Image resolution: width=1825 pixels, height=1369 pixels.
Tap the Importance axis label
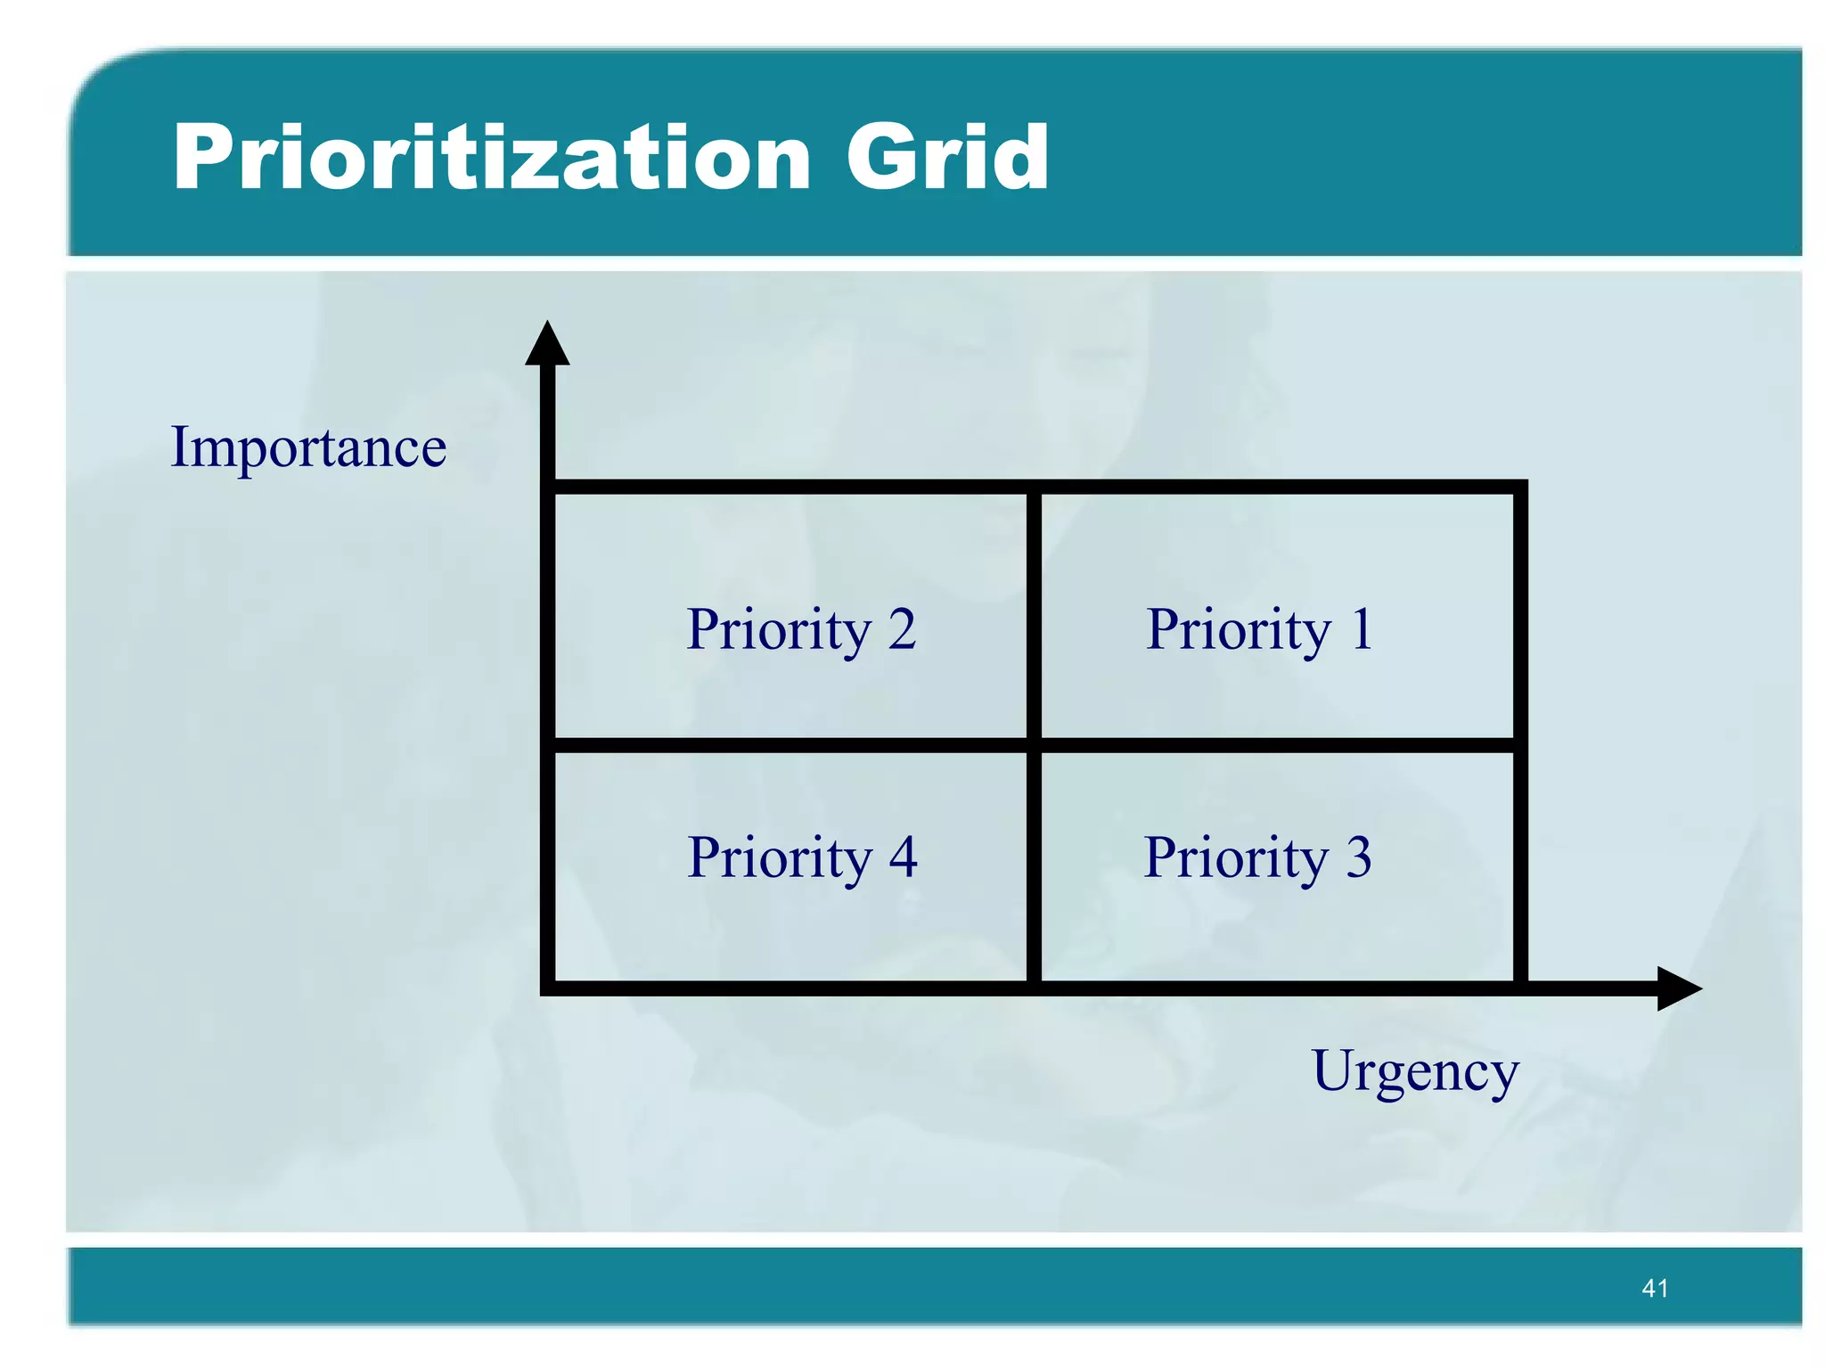point(308,447)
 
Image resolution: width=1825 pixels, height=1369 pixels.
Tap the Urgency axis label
point(1415,1072)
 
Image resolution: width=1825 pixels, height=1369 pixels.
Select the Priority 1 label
point(1259,630)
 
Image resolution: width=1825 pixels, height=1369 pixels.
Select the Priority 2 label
point(801,630)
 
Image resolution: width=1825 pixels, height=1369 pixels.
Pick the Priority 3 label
point(1257,857)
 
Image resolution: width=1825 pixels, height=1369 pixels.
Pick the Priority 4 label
point(802,857)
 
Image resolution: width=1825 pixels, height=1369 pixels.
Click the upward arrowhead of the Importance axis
point(547,346)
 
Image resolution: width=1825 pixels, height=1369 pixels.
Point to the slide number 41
point(1655,1288)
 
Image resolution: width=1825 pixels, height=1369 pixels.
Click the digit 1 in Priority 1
point(1361,629)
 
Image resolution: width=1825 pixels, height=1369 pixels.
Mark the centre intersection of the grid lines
point(1034,745)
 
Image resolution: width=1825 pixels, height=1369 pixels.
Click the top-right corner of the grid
point(1520,488)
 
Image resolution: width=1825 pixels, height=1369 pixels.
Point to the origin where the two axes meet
point(548,988)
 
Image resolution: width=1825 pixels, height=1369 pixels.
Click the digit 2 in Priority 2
point(902,629)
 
